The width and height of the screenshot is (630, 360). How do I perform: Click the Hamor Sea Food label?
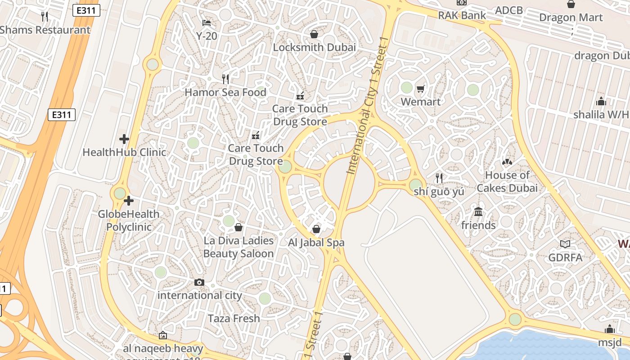225,92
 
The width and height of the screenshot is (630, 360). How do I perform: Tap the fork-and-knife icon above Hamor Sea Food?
225,79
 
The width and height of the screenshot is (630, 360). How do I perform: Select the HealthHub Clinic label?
124,152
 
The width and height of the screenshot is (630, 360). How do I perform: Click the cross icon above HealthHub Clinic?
124,139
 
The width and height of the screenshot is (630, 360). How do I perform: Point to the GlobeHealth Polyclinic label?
129,220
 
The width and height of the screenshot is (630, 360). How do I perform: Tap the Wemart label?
421,102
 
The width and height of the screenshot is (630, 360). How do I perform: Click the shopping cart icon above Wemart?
421,89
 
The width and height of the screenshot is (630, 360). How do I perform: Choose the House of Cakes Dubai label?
507,181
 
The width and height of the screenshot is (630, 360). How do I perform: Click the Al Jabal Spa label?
316,243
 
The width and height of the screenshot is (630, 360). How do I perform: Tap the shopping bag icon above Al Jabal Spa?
316,229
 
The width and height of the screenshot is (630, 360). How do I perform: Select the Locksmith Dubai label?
314,47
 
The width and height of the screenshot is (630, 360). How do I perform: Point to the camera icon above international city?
199,283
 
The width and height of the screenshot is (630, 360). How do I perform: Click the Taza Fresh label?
234,319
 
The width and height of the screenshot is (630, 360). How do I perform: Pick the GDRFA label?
565,257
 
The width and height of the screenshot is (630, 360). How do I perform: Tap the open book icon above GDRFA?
565,244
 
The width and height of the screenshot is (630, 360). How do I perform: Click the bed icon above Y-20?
207,22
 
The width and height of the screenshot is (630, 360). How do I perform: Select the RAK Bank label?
462,15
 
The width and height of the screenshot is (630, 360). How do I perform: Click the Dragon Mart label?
571,18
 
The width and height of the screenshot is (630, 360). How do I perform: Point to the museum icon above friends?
478,211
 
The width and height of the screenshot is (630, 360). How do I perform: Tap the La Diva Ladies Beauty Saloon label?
238,247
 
